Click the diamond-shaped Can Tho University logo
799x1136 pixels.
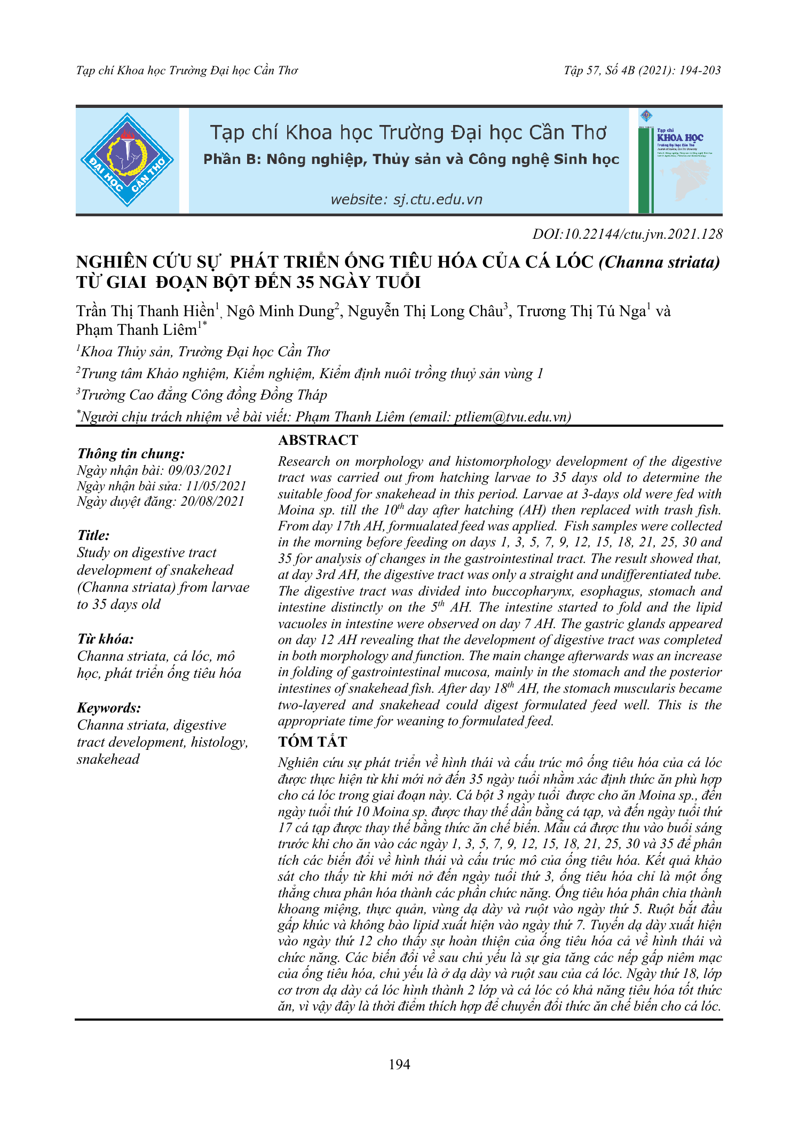point(127,160)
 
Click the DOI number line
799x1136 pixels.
point(627,234)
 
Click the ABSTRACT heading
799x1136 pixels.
point(318,440)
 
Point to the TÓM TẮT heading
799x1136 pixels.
point(312,741)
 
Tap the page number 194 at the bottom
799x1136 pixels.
point(399,1064)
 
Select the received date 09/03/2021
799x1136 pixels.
point(200,470)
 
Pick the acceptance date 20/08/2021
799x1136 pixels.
point(212,501)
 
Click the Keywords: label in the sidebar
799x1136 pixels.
point(109,708)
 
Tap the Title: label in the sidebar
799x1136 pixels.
point(93,535)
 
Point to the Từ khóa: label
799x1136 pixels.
point(105,639)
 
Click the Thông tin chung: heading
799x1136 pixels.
point(131,453)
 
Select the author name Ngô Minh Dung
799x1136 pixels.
point(280,311)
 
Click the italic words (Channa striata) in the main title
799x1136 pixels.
point(659,262)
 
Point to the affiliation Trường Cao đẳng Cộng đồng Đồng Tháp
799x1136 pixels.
point(203,395)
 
